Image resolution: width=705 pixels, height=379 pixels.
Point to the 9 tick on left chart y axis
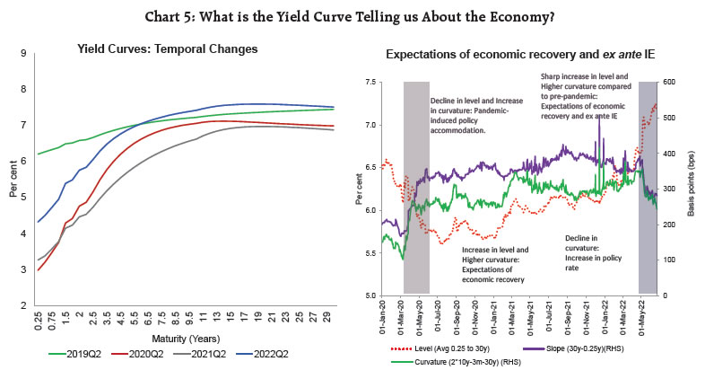(22, 54)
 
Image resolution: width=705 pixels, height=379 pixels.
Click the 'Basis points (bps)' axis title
(692, 188)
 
